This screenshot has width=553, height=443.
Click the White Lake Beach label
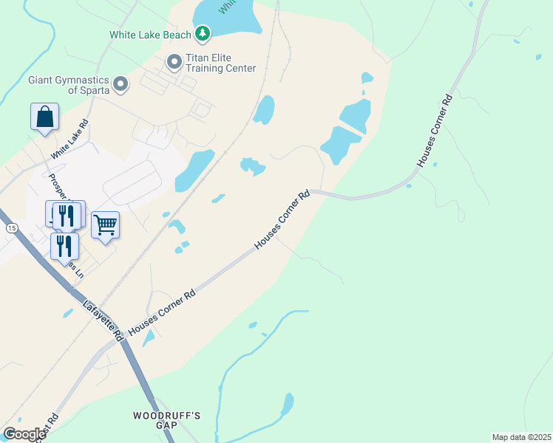point(150,34)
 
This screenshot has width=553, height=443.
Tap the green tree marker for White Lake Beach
point(203,33)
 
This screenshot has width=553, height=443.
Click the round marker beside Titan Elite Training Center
point(174,62)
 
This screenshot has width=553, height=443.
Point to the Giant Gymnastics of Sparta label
point(69,85)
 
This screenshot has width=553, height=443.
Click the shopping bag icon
point(44,117)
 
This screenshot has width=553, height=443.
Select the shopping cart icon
point(105,224)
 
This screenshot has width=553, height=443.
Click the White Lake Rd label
point(69,140)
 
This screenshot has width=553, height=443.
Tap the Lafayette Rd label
point(103,320)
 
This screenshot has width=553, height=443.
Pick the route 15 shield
point(11,229)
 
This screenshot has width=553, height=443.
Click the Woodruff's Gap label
point(167,420)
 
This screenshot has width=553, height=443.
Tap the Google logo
point(24,434)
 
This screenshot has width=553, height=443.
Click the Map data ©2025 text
point(521,437)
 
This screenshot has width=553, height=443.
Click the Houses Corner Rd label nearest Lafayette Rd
point(162,312)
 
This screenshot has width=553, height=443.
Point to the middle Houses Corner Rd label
point(282,220)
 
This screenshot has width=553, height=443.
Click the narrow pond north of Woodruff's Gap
point(287,404)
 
